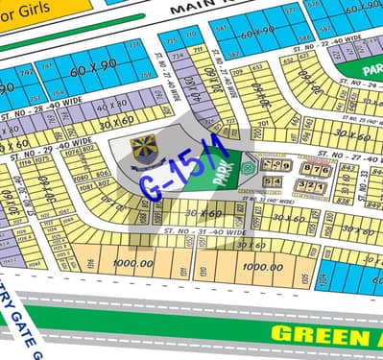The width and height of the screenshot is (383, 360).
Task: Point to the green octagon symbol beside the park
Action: coord(250,164)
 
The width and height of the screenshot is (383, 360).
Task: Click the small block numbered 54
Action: coord(275,181)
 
